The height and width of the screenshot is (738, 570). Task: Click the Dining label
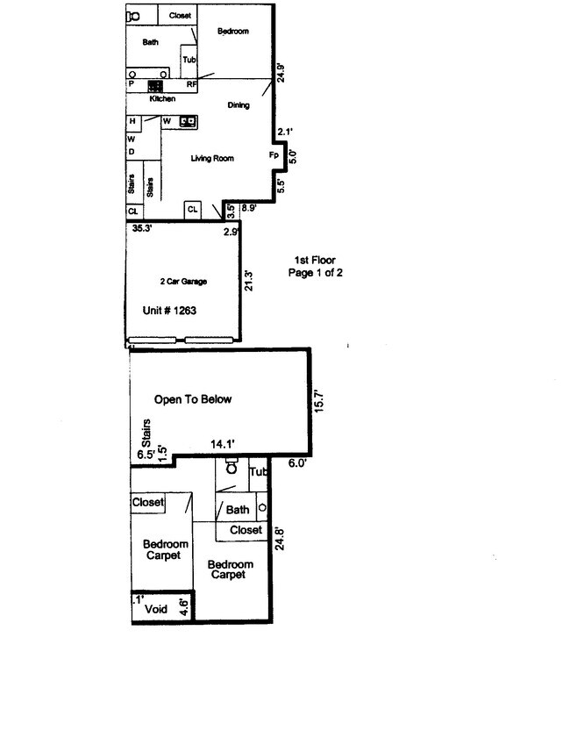[x=239, y=105]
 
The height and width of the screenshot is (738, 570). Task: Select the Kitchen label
[x=162, y=99]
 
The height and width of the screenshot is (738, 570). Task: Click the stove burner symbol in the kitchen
[x=155, y=86]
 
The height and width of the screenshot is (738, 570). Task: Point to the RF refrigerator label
[x=191, y=85]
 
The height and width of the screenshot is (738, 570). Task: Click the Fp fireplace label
[x=274, y=155]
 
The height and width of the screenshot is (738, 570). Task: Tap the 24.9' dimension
[x=281, y=72]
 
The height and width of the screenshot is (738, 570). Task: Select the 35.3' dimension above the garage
[x=143, y=228]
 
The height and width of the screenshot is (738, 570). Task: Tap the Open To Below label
[x=193, y=399]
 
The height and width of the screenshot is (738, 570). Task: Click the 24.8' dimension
[x=280, y=537]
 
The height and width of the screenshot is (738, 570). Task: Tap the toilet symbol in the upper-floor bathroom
[x=230, y=469]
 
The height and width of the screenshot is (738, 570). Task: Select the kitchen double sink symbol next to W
[x=188, y=120]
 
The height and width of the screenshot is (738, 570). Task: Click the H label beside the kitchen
[x=132, y=121]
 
